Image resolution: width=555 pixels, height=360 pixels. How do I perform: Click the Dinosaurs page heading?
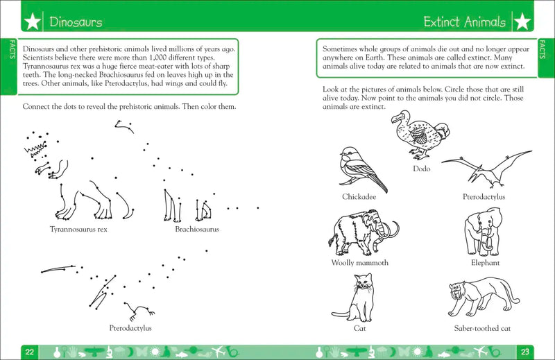point(76,22)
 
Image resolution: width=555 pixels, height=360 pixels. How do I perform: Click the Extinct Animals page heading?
point(465,22)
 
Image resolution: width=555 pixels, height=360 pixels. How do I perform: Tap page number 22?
point(30,350)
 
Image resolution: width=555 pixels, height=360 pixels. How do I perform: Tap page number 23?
point(524,350)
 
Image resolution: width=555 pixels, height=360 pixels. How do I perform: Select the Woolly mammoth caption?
point(360,263)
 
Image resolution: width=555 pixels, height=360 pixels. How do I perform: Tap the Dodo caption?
point(421,169)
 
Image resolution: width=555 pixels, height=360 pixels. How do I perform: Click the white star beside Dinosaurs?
point(32,22)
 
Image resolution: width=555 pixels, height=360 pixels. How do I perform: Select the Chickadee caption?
point(359,196)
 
